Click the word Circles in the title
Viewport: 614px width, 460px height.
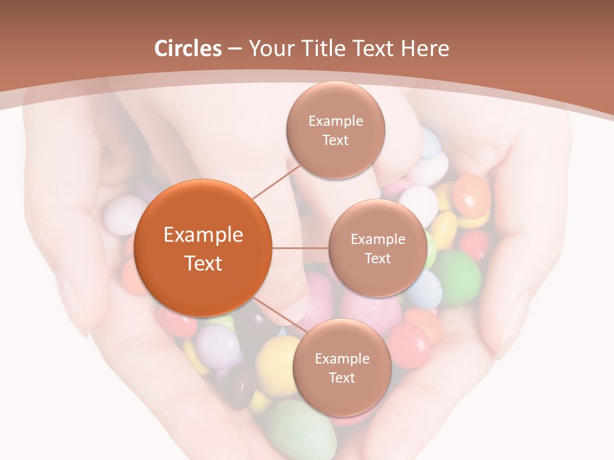click(x=187, y=49)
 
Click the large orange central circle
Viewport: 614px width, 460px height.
click(x=203, y=248)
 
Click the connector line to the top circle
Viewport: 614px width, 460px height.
click(x=277, y=180)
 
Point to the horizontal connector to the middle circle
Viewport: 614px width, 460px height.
click(x=300, y=248)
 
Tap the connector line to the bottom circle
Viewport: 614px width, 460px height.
click(x=279, y=314)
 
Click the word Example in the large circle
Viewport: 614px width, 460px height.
click(x=203, y=235)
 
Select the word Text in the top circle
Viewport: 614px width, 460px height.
click(x=335, y=141)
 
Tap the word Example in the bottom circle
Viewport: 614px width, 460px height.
click(x=342, y=358)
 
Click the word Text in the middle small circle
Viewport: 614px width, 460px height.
click(x=377, y=258)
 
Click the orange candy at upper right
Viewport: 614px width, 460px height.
click(x=472, y=195)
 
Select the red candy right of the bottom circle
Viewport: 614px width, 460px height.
click(x=409, y=344)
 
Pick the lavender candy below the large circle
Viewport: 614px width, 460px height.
click(x=217, y=346)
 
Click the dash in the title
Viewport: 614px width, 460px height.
click(x=235, y=49)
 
